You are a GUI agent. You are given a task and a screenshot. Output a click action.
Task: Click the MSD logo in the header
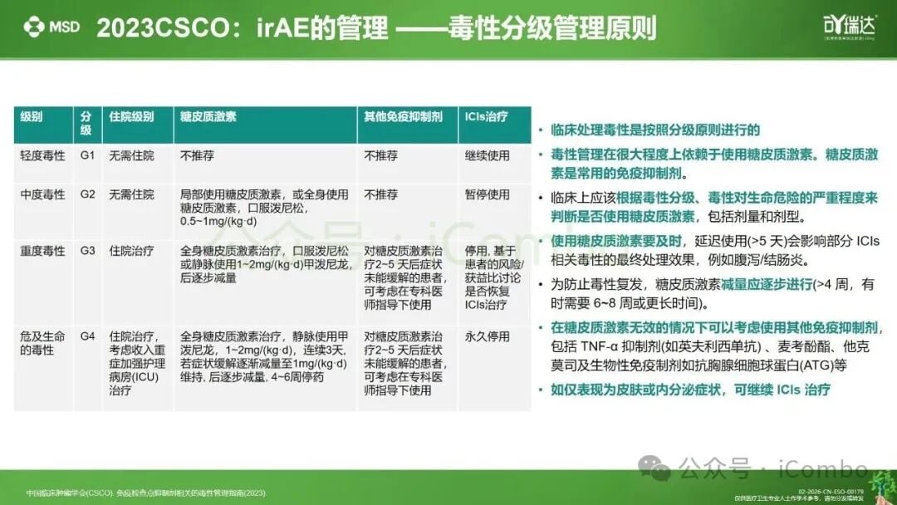pos(51,27)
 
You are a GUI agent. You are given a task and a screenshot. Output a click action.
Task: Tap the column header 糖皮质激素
pos(208,117)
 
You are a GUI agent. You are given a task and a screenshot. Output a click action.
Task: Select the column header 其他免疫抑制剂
pos(403,117)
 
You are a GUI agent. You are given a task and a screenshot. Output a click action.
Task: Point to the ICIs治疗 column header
pos(485,117)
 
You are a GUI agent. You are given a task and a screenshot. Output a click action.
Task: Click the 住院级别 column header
pos(131,117)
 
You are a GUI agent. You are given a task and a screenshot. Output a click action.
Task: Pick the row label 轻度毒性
pos(42,155)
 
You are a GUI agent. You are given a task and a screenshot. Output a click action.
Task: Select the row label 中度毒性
pos(42,194)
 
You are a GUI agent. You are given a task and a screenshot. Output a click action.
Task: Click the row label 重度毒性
pos(42,251)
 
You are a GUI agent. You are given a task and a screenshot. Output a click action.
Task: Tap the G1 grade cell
pos(88,155)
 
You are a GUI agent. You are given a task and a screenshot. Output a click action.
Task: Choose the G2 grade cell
pos(88,194)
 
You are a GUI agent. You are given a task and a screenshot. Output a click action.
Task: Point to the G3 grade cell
pos(88,251)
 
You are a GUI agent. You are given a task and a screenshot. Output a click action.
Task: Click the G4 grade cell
pos(88,336)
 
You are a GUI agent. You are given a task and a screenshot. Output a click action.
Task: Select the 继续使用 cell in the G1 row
pos(487,155)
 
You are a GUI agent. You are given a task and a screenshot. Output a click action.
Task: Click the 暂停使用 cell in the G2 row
pos(487,194)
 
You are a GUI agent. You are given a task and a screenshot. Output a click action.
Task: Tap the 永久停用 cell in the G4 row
pos(487,336)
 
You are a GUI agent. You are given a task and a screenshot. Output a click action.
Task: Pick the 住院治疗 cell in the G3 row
pos(131,251)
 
